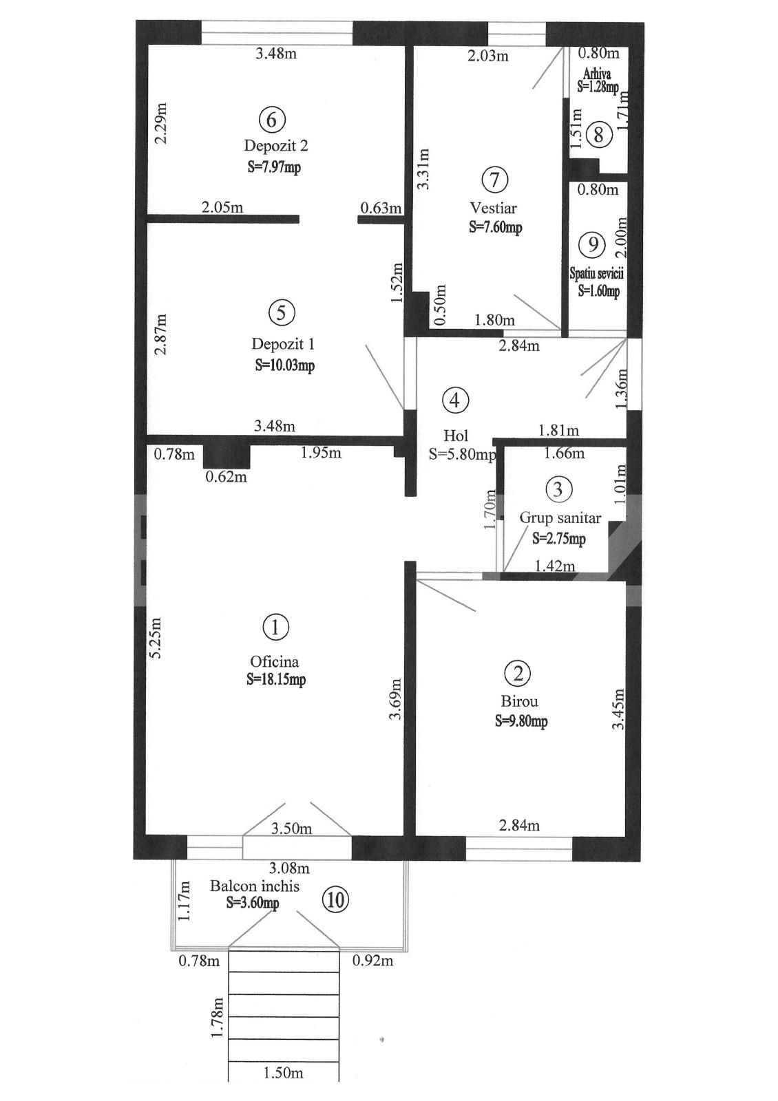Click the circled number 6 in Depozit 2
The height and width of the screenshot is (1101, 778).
(271, 120)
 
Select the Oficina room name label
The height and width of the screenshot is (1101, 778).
(275, 661)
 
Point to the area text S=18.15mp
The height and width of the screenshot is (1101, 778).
(276, 680)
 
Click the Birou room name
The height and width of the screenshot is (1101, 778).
(520, 702)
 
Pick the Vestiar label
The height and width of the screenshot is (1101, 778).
(494, 208)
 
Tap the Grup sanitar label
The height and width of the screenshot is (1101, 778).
(560, 518)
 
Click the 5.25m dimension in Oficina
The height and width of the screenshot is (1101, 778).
(156, 637)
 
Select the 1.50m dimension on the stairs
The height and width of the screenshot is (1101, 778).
(284, 1073)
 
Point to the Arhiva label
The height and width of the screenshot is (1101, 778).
(597, 73)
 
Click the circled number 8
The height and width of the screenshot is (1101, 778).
(599, 135)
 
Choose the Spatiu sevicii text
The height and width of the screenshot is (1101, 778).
(596, 274)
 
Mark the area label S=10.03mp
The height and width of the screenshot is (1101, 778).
(284, 365)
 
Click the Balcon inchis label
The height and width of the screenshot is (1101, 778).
(255, 886)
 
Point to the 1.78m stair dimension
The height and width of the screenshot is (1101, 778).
(218, 1018)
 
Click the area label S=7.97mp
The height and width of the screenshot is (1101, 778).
(274, 167)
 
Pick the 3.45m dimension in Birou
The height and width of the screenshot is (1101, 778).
(619, 709)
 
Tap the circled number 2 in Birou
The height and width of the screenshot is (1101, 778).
(518, 674)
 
